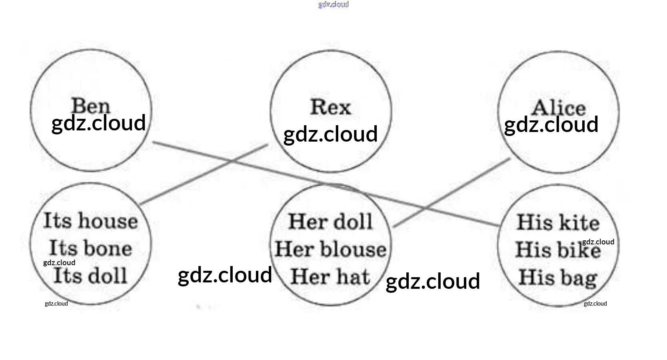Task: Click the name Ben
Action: click(90, 106)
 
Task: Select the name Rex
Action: click(330, 107)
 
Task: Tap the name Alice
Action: click(558, 108)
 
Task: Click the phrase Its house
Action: click(90, 221)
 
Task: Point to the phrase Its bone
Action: click(90, 248)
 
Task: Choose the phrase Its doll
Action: click(90, 276)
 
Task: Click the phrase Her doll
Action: click(330, 222)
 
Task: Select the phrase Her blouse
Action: click(330, 249)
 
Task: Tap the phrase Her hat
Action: click(330, 276)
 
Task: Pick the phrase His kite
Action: click(558, 222)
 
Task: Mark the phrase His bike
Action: click(548, 250)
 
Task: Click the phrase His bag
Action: click(558, 278)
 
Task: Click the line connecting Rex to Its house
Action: click(204, 174)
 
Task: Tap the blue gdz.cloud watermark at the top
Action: click(333, 4)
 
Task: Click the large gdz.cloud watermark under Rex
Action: click(330, 134)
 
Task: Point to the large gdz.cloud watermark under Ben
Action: click(98, 123)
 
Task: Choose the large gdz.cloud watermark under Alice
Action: click(551, 124)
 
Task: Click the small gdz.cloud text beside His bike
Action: click(598, 242)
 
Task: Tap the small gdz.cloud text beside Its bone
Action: click(59, 262)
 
